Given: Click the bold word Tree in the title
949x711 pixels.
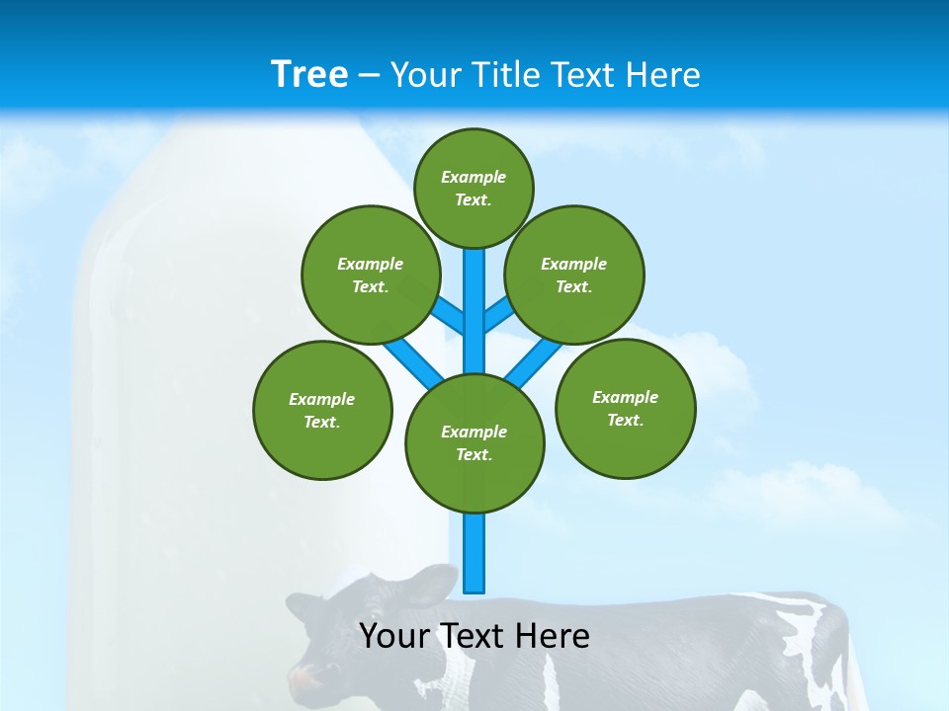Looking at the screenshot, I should (308, 74).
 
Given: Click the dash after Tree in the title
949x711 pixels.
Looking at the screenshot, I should (369, 75).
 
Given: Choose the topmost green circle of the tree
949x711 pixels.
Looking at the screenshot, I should (474, 188).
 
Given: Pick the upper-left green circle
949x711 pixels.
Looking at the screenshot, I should (370, 275).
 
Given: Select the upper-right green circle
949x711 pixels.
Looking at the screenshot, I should (573, 275).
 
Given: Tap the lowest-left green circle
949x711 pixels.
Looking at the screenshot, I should (322, 410).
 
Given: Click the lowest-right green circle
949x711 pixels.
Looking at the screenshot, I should (625, 408).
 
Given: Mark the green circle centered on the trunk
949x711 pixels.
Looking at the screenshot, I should (474, 442).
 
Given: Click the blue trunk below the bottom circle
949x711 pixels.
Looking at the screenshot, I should (474, 553).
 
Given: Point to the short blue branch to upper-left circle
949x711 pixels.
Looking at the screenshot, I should (448, 315).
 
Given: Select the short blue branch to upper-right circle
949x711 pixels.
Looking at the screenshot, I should (499, 314).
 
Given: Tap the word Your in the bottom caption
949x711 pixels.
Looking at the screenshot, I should (395, 636).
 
